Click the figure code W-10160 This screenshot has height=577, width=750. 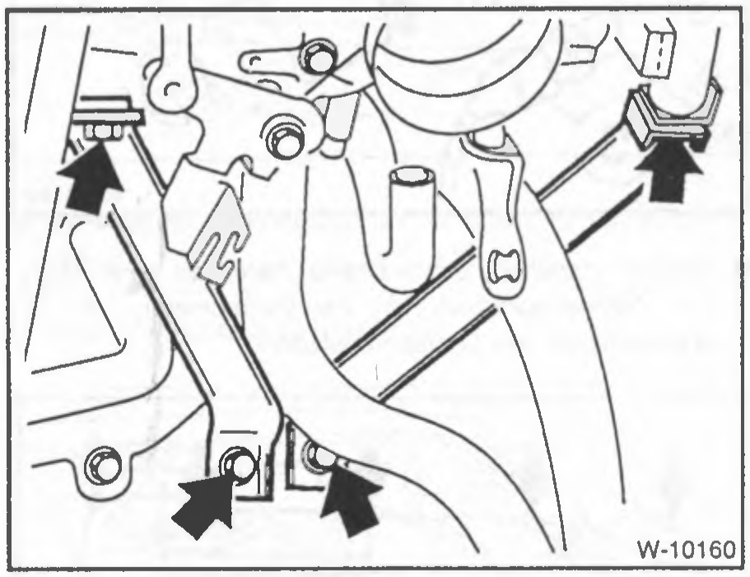pos(686,550)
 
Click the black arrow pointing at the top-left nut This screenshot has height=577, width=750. pos(89,177)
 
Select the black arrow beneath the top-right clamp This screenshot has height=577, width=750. pos(669,168)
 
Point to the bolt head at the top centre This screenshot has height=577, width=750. pos(317,58)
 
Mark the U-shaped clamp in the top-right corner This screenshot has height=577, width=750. pos(672,114)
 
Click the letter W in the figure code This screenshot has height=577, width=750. pos(648,550)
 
